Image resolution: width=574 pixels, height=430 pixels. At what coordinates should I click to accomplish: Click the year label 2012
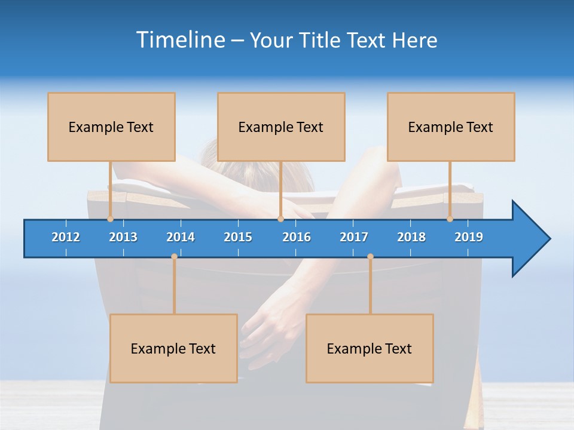click(66, 237)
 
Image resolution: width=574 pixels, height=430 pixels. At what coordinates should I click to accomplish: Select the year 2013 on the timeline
click(123, 237)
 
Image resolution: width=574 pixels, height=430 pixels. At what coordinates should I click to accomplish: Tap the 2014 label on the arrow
click(181, 237)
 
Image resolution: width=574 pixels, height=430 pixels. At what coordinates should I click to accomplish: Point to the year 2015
click(238, 237)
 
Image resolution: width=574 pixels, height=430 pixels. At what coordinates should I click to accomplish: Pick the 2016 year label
click(297, 237)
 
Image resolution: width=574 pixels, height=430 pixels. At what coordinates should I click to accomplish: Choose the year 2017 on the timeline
click(354, 237)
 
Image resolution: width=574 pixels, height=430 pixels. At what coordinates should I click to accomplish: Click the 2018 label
click(411, 237)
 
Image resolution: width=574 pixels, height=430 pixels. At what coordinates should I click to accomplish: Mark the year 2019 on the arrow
click(469, 237)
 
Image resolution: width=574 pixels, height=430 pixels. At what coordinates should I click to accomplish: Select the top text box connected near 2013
click(111, 127)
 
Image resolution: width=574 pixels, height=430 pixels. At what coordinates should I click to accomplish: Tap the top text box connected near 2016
click(281, 127)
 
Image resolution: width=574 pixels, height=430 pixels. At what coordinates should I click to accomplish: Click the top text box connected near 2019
click(451, 127)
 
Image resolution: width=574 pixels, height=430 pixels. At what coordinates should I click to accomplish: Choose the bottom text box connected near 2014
click(173, 348)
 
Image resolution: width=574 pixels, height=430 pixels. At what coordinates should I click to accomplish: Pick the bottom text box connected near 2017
click(370, 348)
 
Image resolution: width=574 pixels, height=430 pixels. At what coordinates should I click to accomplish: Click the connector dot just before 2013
click(110, 219)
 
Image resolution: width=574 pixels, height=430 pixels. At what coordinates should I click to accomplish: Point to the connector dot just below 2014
click(174, 257)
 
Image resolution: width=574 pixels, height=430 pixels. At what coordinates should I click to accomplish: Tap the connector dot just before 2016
click(280, 219)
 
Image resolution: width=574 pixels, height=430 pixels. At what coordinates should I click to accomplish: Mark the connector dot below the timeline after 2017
click(370, 257)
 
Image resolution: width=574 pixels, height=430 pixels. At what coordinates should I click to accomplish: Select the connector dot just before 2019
click(450, 219)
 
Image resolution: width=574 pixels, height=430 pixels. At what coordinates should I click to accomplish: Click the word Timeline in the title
click(179, 40)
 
